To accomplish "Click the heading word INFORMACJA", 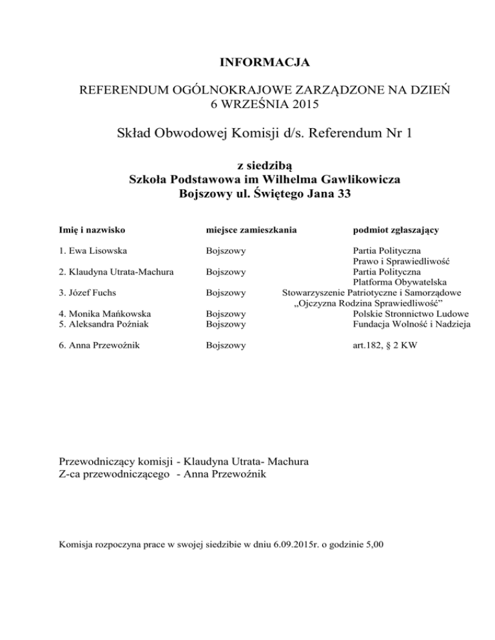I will [265, 63].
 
